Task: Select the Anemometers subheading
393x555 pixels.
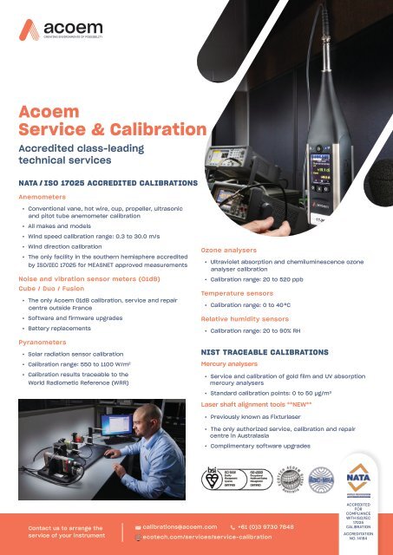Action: [x=44, y=196]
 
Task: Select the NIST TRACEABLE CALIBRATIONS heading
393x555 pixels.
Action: [x=263, y=353]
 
